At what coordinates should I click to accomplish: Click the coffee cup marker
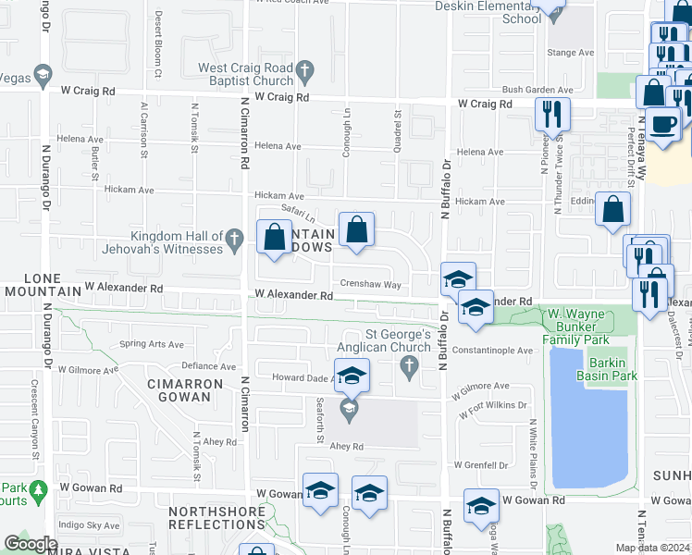point(662,125)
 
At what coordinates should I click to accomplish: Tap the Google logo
point(31,544)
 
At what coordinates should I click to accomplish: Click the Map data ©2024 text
point(652,548)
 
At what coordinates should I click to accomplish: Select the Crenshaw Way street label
point(370,285)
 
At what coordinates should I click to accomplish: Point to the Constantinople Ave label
point(493,351)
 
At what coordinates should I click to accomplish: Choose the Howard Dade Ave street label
point(302,378)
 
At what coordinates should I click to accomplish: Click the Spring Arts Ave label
point(152,344)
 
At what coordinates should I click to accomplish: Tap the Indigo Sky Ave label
point(89,525)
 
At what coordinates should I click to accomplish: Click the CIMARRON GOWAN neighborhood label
point(186,390)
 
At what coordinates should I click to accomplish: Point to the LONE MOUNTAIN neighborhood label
point(42,285)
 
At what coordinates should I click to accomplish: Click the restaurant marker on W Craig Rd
point(552,115)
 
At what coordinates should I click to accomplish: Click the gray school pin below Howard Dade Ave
point(350,408)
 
